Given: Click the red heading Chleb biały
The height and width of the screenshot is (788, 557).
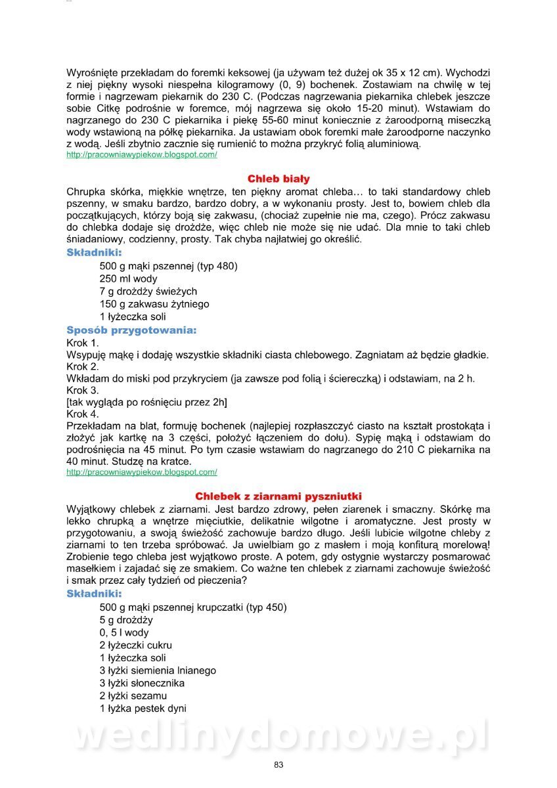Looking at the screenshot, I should [x=278, y=179].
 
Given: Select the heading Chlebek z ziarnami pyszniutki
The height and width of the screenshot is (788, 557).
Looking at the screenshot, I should [x=278, y=496].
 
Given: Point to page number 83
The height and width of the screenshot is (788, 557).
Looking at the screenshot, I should [x=278, y=764].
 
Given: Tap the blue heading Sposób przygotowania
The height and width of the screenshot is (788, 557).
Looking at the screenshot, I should [x=131, y=330].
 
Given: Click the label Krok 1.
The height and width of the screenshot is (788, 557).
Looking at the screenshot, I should [x=83, y=343].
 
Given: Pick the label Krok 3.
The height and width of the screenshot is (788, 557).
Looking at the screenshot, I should [x=83, y=390].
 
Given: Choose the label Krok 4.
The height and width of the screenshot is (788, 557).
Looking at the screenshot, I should [x=83, y=414].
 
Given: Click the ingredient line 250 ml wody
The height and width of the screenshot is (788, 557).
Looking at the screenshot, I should [x=129, y=278].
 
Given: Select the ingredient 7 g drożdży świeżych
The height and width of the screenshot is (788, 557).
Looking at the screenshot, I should [x=148, y=291].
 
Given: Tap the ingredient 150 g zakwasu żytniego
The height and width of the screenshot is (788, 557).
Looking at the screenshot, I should [x=154, y=304].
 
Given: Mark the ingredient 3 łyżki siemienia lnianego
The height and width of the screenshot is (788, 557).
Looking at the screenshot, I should [x=158, y=670].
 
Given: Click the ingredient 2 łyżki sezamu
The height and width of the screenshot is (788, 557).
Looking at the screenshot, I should [x=133, y=695].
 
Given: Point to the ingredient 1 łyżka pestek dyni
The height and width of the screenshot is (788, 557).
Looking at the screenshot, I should [x=143, y=709].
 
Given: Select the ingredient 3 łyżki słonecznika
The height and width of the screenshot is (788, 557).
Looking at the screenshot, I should [x=142, y=683].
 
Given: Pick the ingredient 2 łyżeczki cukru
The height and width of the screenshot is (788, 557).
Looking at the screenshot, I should [x=136, y=645].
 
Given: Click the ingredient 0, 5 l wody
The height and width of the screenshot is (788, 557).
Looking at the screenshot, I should [x=124, y=632].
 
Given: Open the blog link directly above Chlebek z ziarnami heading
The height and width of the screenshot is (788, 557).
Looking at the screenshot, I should [x=142, y=472].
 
